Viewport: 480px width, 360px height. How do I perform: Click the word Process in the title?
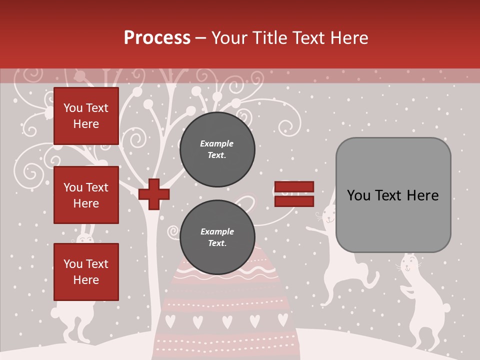point(157,38)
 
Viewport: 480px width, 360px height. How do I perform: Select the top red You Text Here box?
point(86,116)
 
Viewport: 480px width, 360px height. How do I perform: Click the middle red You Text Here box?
point(86,195)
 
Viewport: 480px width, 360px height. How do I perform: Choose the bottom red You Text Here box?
point(86,272)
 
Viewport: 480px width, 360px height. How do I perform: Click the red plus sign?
point(154,194)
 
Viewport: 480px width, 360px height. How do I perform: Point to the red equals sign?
point(294,194)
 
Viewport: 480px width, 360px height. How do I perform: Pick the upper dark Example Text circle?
point(217,149)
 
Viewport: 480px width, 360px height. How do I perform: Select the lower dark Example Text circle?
point(217,237)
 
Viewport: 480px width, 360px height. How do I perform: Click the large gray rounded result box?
point(393,195)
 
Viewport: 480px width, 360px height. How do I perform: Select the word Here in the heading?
point(350,38)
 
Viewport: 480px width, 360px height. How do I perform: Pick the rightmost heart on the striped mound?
point(282,318)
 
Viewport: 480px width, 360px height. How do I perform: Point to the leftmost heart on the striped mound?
point(170,319)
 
